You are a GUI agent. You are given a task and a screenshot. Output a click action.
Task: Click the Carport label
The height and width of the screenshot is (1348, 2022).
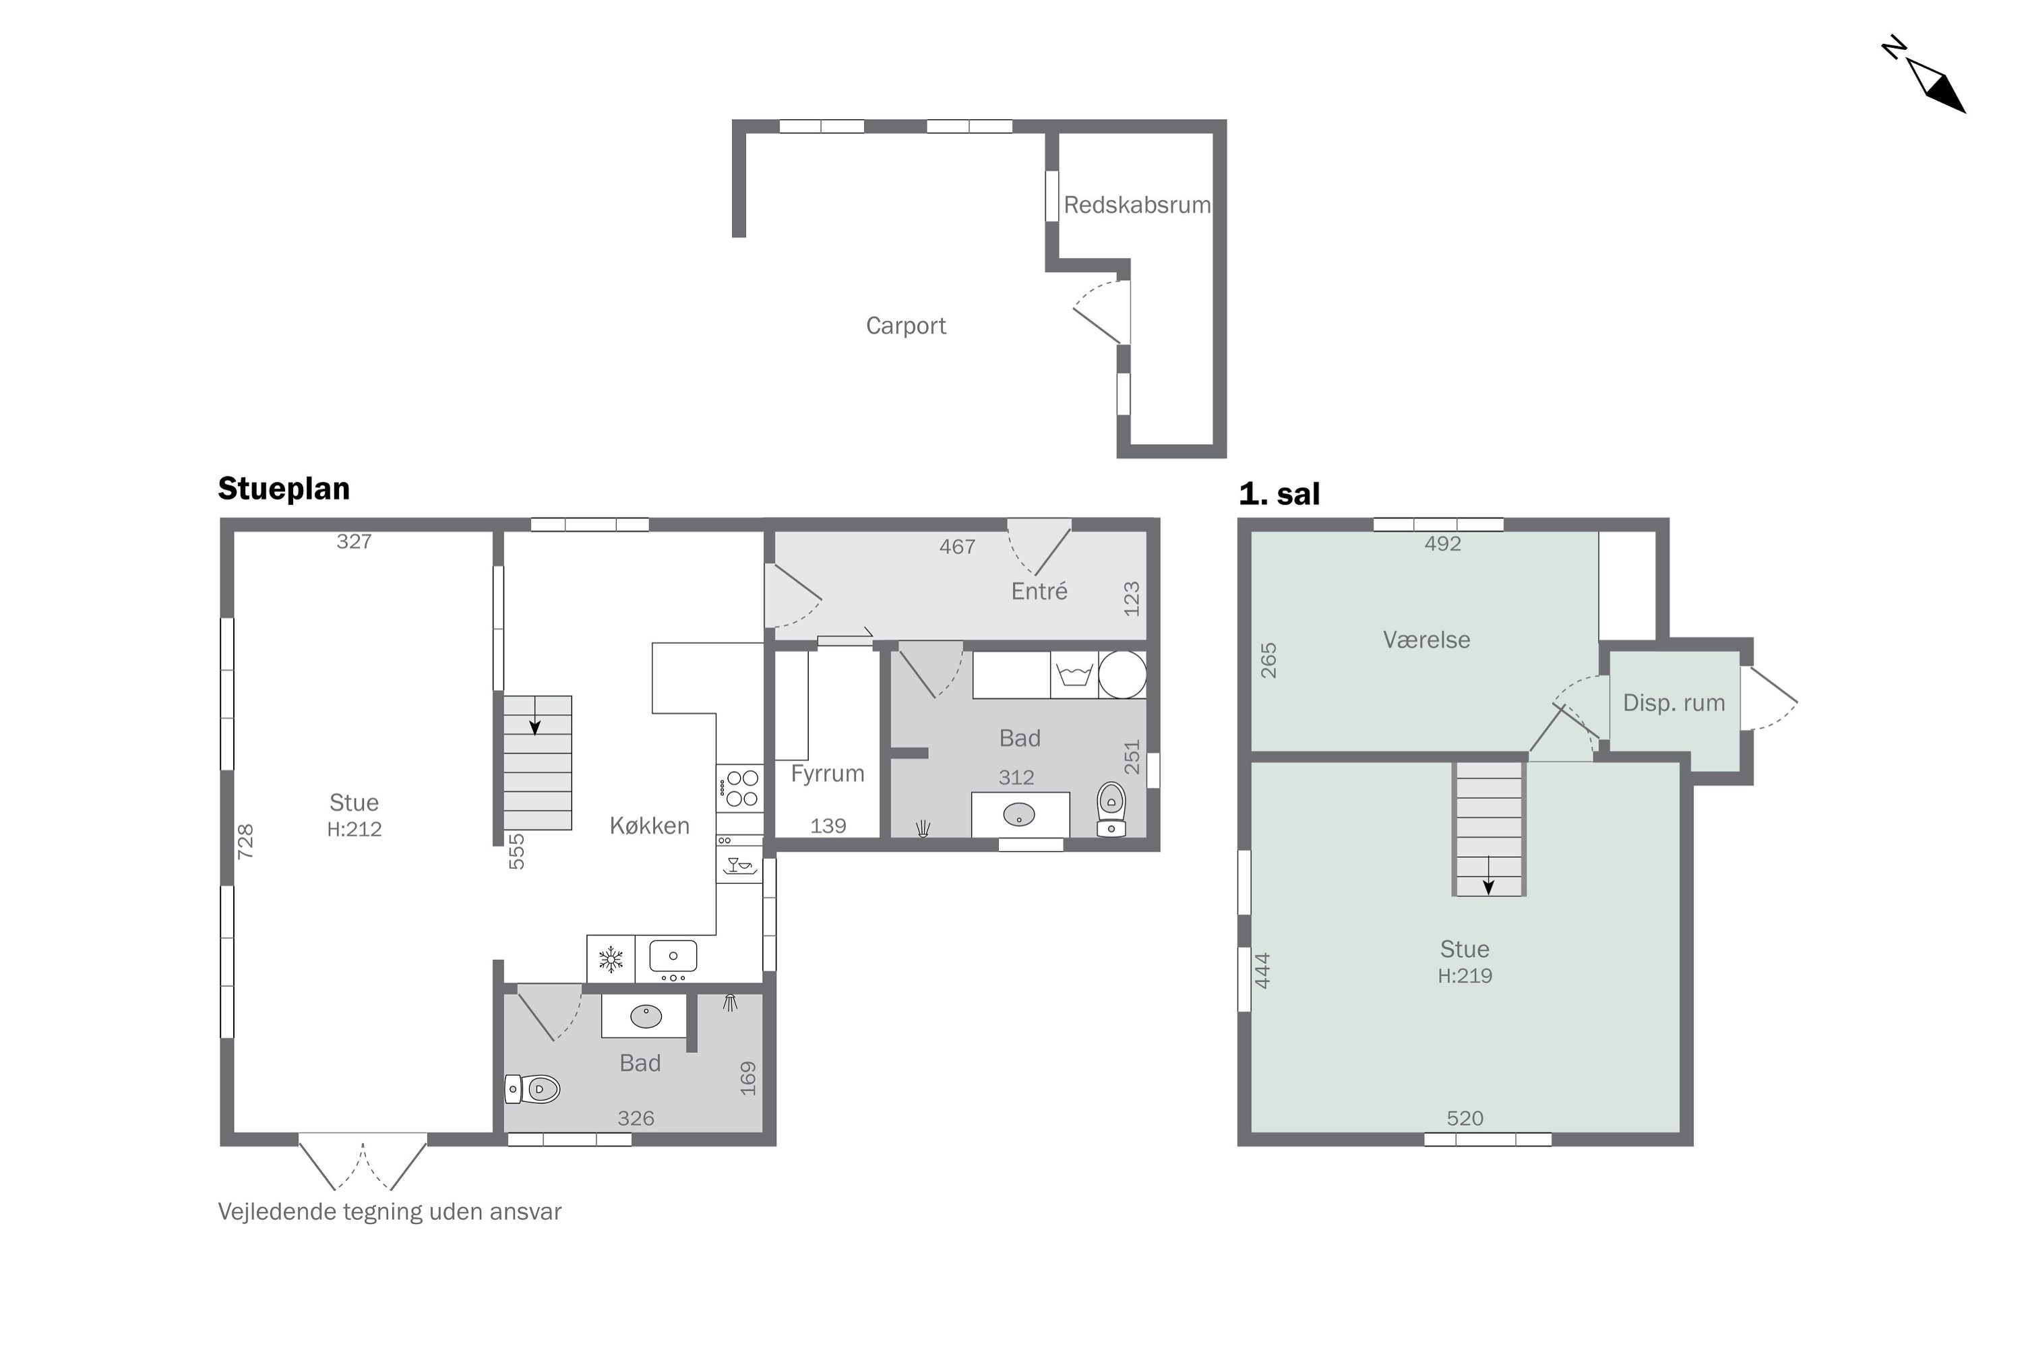coord(905,326)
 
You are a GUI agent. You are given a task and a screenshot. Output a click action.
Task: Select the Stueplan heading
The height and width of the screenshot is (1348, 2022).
coord(284,488)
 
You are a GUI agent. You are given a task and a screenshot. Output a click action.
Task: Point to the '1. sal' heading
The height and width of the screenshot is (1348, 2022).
coord(1279,493)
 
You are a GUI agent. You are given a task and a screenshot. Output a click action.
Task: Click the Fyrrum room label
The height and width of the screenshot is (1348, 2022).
coord(827,774)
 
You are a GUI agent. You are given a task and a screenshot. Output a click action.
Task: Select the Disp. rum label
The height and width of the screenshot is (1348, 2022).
coord(1673,703)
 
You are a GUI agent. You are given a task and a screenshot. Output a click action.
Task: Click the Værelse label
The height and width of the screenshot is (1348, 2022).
coord(1426,640)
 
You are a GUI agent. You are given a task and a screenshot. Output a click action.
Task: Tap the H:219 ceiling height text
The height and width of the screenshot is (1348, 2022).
coord(1465,976)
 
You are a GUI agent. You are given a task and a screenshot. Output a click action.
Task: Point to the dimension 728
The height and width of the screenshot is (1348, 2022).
coord(245,840)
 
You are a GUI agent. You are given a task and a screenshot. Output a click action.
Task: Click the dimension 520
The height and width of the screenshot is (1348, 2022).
coord(1465,1118)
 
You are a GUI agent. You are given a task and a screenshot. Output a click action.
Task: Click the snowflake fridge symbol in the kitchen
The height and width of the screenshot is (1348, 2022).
coord(611,958)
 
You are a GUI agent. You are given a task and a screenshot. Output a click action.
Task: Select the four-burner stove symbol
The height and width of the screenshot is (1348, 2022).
coord(739,789)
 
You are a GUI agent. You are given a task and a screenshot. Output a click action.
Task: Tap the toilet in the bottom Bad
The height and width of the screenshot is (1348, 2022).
coord(532,1089)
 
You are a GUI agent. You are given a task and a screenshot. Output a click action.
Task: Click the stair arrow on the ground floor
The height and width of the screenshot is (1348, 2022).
coord(534,715)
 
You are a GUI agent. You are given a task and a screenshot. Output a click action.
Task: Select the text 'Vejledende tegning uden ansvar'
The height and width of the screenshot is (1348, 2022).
coord(390,1212)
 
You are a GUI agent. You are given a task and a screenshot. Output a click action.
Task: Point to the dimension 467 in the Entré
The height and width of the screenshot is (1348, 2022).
coord(957,547)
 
